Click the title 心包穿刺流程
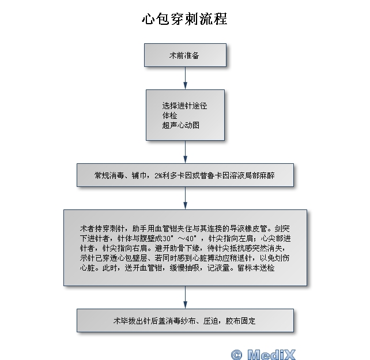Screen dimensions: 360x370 tap(184, 19)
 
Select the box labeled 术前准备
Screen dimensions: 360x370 tap(184, 56)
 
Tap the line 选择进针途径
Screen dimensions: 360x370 tap(184, 106)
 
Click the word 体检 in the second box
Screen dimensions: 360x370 tap(169, 115)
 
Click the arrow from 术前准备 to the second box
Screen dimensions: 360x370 tap(185, 78)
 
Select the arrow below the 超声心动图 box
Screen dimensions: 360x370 tap(185, 152)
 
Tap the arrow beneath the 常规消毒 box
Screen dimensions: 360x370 tap(185, 198)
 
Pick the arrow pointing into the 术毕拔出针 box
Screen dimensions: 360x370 tap(185, 298)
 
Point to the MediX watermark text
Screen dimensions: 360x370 tap(271, 353)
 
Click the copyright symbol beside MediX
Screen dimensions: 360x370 tap(236, 353)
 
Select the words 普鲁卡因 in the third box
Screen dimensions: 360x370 tap(216, 175)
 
